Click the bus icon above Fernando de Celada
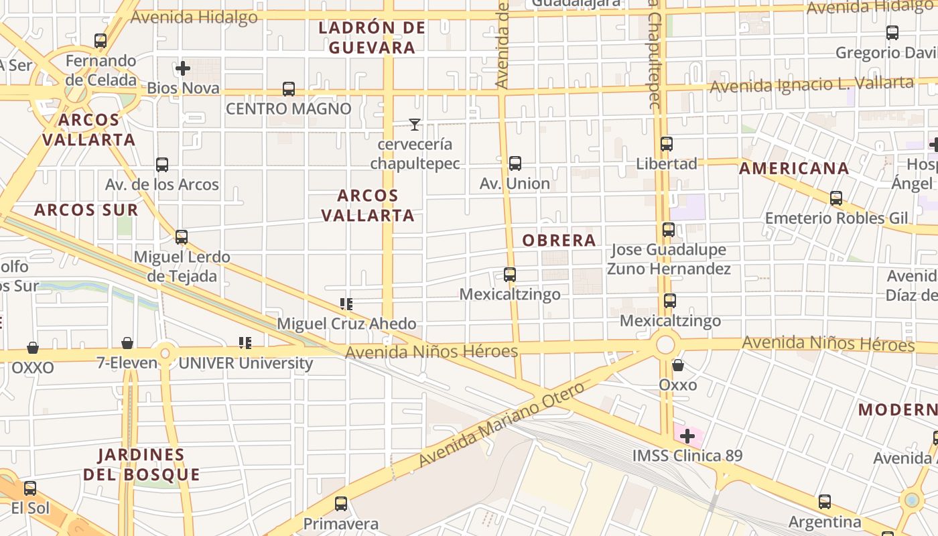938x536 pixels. [x=100, y=41]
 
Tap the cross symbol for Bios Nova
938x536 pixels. [x=183, y=68]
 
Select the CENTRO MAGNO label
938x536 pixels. [x=288, y=109]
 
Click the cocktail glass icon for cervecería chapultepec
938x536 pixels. [x=415, y=125]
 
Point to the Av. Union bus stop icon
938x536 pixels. [x=515, y=163]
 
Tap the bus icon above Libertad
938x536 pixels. [x=666, y=144]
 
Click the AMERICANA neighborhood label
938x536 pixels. [x=794, y=169]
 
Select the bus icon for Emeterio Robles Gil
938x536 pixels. [x=836, y=198]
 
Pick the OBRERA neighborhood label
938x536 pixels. [x=559, y=241]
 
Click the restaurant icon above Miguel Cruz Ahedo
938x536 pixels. [x=346, y=304]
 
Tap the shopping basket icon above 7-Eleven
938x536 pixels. [x=127, y=344]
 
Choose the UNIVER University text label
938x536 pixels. [x=245, y=363]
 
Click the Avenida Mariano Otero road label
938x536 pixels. [x=501, y=425]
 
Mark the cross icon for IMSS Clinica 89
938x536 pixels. [x=687, y=437]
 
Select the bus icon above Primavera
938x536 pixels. [x=341, y=504]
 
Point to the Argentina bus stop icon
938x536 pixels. [x=825, y=502]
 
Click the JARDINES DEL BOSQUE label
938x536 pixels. [x=141, y=464]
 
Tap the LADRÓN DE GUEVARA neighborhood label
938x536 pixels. [x=372, y=38]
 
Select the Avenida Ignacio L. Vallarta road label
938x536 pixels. [x=811, y=85]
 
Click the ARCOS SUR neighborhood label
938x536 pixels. [x=86, y=210]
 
